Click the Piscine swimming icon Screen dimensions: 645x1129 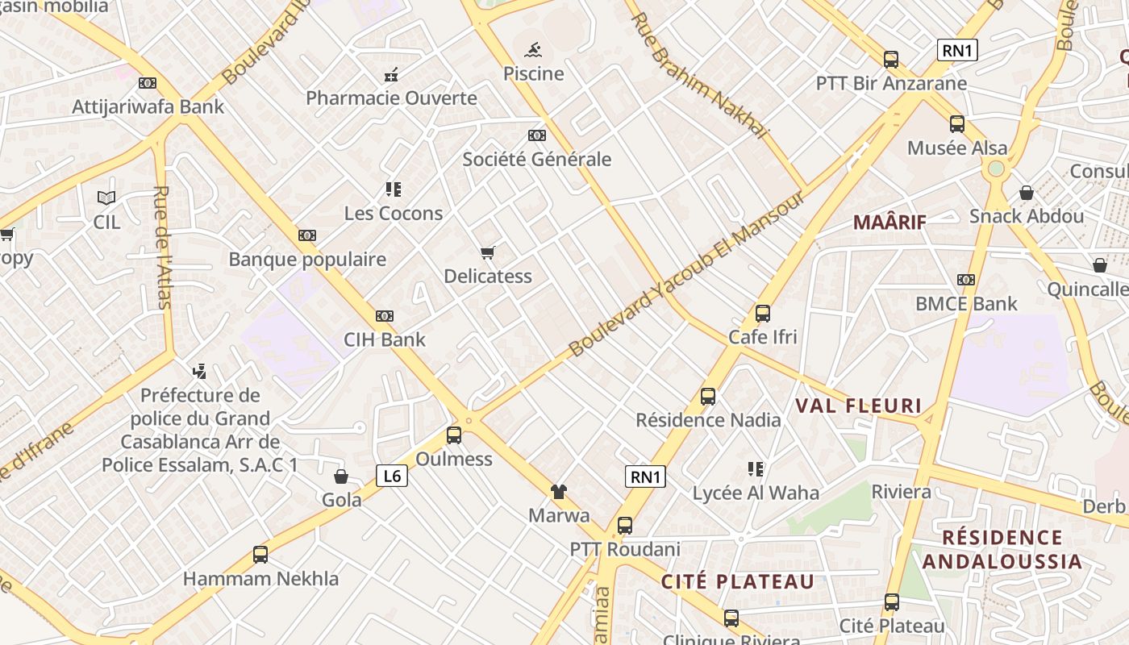533,51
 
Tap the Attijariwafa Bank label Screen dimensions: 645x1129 148,106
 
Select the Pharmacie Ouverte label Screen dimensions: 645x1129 391,98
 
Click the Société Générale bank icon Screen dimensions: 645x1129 536,135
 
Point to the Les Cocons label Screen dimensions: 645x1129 394,214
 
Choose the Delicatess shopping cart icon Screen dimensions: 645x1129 487,253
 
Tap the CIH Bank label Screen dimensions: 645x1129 385,339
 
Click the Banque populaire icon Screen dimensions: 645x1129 306,235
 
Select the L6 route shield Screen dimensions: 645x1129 392,476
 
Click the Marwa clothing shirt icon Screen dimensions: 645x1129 558,491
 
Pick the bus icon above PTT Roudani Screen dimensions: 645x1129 625,526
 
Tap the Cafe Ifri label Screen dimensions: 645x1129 762,337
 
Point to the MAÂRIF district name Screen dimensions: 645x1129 889,222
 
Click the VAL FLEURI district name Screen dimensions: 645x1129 858,406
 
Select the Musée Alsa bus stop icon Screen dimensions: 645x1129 957,124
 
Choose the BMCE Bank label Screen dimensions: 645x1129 966,304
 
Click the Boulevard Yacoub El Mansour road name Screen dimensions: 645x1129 686,274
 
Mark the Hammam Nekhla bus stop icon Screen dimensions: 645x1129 260,555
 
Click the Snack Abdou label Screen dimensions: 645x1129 1027,216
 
